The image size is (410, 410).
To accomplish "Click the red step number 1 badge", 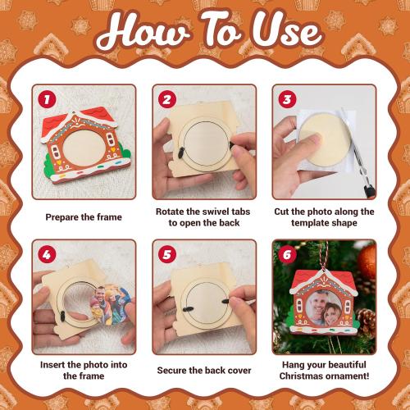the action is [47, 99].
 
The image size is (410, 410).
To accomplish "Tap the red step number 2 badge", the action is [167, 99].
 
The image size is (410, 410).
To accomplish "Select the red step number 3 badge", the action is [287, 99].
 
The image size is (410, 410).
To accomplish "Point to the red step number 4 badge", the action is [47, 254].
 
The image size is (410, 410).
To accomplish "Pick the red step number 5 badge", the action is [167, 254].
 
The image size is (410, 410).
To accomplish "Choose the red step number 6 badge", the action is [287, 254].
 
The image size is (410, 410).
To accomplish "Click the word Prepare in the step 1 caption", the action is [59, 217].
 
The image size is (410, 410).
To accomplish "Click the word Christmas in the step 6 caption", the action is [301, 376].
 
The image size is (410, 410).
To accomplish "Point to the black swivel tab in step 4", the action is [62, 317].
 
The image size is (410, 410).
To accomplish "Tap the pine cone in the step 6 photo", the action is [366, 321].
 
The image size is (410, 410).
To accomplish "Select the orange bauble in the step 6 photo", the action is [367, 262].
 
